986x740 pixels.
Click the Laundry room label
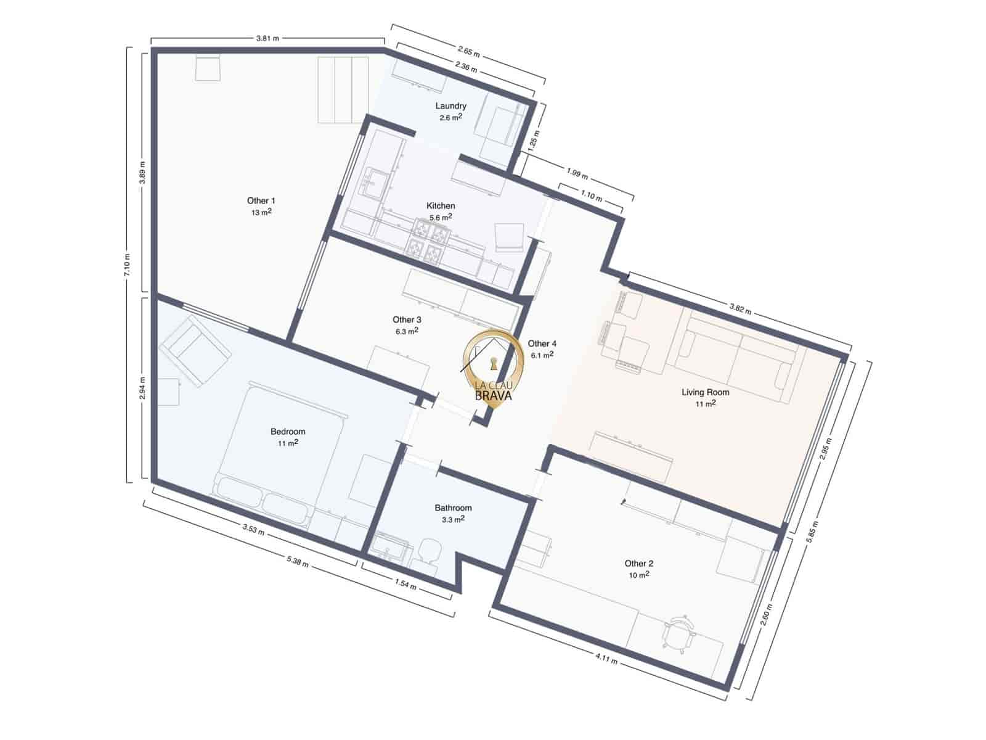click(x=450, y=106)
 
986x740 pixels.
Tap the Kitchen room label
click(x=441, y=206)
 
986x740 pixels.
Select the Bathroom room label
click(x=453, y=508)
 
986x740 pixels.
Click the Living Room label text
click(x=705, y=392)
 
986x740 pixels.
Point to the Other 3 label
click(x=407, y=320)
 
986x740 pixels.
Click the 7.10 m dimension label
click(x=127, y=265)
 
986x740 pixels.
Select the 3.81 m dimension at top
click(x=267, y=38)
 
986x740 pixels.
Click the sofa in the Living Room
click(x=736, y=358)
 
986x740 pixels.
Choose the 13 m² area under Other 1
click(x=261, y=212)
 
